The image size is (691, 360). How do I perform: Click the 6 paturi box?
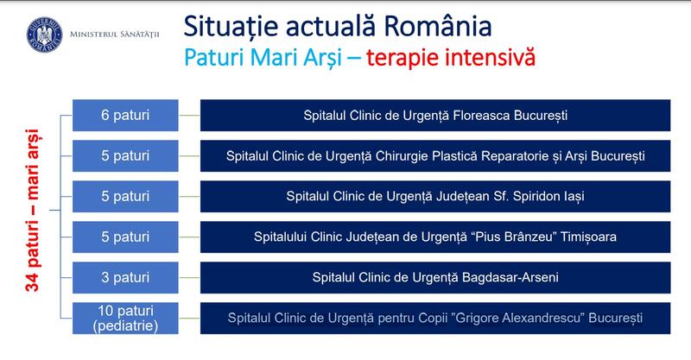pos(125,114)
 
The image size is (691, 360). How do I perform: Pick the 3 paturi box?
pos(125,277)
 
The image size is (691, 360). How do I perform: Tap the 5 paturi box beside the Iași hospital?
pos(125,196)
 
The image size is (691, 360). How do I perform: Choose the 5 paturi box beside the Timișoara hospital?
pos(125,237)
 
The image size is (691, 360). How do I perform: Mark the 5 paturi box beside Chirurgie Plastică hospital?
pos(125,155)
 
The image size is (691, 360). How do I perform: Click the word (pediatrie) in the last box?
pos(125,325)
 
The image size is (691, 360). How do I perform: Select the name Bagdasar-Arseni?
pos(504,277)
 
